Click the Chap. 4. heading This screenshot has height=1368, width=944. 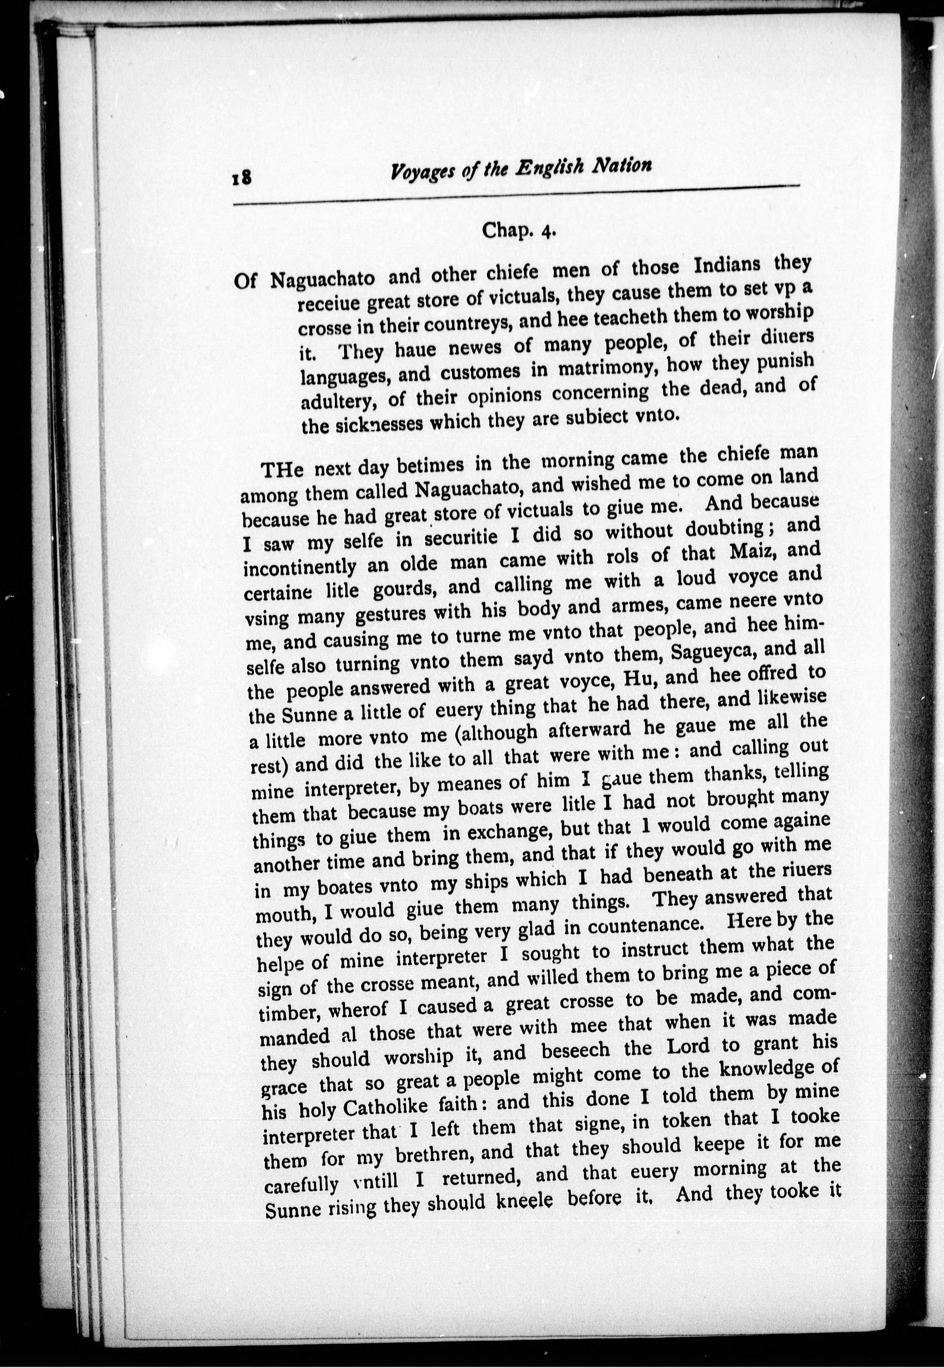[x=519, y=229]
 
